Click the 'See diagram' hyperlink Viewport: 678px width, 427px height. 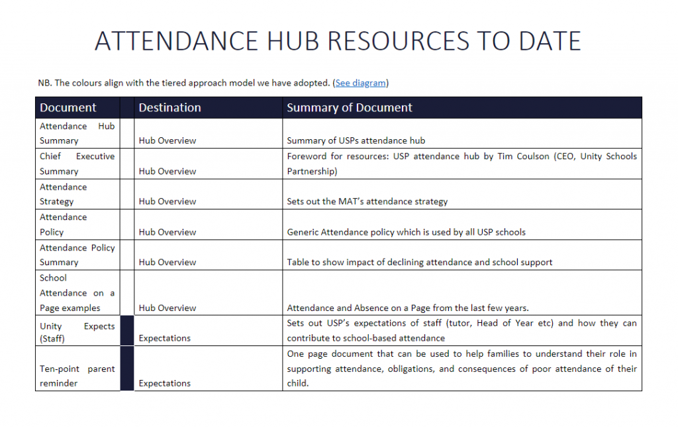(x=360, y=83)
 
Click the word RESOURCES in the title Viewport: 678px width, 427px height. (x=398, y=41)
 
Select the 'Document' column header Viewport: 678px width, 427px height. (x=68, y=107)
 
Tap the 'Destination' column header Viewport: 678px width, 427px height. (x=169, y=107)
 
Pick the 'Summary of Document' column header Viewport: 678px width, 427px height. (x=350, y=107)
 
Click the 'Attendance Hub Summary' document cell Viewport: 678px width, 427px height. (x=77, y=133)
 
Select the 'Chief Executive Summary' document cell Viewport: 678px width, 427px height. (x=77, y=164)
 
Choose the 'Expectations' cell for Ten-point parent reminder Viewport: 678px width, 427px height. (x=164, y=383)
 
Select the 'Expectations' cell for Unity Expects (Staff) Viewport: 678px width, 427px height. (x=164, y=338)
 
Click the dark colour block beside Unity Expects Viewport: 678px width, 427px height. (x=127, y=330)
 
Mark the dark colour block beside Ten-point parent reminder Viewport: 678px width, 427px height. (x=127, y=369)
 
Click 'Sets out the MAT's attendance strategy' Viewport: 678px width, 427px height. (x=367, y=202)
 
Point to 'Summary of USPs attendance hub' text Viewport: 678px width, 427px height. (x=356, y=141)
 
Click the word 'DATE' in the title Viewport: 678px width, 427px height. (x=550, y=41)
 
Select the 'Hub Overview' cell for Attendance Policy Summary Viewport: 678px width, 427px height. (x=168, y=262)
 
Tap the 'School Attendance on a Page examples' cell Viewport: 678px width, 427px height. (x=77, y=293)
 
